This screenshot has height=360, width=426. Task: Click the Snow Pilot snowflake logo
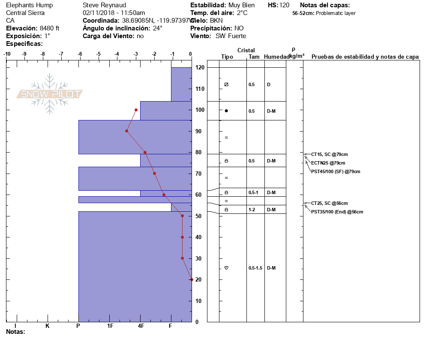click(50, 94)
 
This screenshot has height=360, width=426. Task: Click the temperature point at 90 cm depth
click(126, 131)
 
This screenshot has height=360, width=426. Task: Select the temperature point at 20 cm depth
click(192, 279)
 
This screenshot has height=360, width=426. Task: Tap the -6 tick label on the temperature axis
click(80, 54)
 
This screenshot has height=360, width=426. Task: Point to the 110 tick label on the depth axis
click(199, 89)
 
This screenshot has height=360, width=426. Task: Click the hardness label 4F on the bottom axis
click(141, 326)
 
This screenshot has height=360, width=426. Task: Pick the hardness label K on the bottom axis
click(48, 326)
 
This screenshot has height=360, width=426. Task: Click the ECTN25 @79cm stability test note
click(328, 163)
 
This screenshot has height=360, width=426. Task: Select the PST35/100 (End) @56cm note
click(337, 212)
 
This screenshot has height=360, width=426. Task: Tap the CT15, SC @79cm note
click(332, 154)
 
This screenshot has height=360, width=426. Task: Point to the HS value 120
click(284, 5)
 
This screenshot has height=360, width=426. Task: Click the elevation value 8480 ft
click(50, 28)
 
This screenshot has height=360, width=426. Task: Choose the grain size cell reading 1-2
click(252, 210)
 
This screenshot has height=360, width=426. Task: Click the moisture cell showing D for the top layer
click(269, 84)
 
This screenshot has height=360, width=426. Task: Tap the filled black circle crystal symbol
click(226, 111)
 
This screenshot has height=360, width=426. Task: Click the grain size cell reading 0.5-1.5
click(255, 268)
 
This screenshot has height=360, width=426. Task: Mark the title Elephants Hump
click(30, 5)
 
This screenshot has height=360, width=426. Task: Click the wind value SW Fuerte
click(231, 36)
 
